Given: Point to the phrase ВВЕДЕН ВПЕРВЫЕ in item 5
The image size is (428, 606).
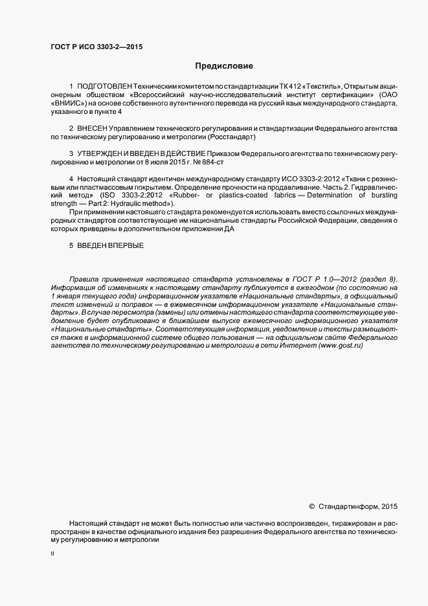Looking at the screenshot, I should coord(110,246).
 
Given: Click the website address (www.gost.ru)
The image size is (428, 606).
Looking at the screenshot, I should coord(340,346).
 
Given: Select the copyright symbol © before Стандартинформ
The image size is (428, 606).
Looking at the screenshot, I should coord(311,507).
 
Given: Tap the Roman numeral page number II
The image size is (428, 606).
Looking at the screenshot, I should coord(52,554).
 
